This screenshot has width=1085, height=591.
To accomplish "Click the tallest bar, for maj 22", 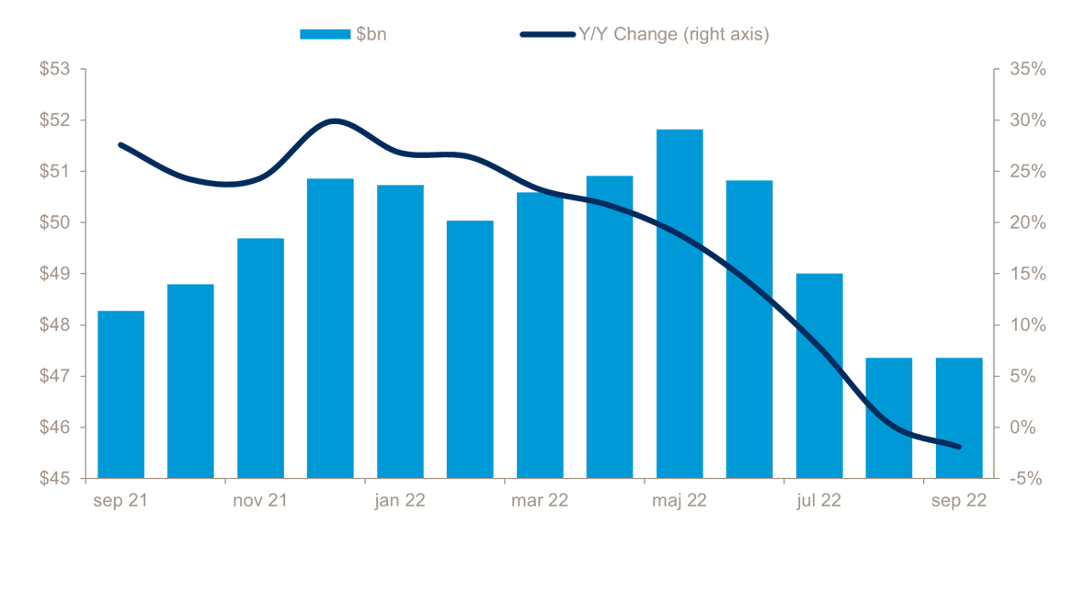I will pos(680,303).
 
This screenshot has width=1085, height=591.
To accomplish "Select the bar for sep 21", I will pos(120,394).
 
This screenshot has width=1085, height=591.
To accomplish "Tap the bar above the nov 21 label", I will pos(260,358).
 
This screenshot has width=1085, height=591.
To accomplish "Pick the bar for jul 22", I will pos(819,376).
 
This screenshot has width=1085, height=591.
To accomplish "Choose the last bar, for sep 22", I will pos(959,418).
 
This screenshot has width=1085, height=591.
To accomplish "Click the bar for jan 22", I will pos(400,331).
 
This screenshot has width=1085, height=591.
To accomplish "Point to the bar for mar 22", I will pos(540,335).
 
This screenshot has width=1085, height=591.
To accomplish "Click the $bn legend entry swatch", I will pos(325,35).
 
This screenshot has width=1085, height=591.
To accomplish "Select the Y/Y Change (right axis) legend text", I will pos(672,35).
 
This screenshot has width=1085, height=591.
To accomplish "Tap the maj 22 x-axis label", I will pos(680,501).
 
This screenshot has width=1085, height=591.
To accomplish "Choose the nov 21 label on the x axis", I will pos(260,501).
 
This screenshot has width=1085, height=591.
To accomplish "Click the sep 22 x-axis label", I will pos(959,501).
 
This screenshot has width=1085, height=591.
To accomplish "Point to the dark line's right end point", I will pos(959,447).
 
